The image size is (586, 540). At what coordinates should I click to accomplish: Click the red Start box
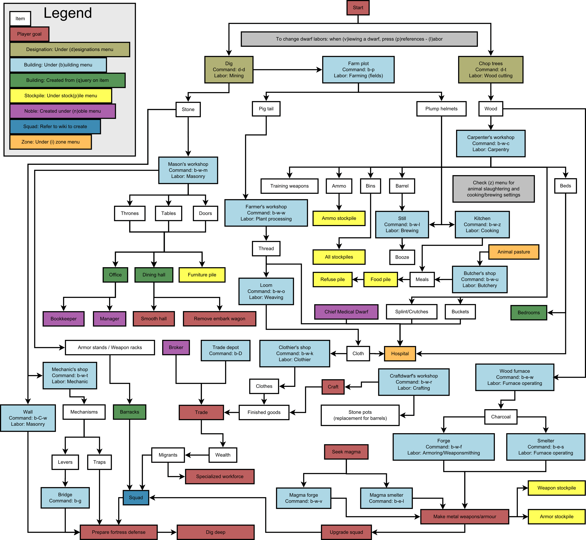click(358, 8)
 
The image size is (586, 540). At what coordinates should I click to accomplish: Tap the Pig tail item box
click(266, 109)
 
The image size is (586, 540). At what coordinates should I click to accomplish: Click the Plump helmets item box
click(441, 109)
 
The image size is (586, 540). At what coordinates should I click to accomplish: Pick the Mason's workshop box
click(188, 170)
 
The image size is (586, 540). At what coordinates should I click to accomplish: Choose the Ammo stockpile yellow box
click(339, 218)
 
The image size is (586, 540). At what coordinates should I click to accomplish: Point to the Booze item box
click(402, 257)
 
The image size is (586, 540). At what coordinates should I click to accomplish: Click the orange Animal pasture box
click(513, 252)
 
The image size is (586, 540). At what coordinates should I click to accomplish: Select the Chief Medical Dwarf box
click(346, 312)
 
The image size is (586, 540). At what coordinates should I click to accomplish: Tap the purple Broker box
click(176, 347)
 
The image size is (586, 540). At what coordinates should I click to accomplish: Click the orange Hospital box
click(400, 354)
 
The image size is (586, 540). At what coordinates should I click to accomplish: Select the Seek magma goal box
click(346, 452)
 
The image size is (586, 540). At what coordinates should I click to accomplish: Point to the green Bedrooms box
click(529, 313)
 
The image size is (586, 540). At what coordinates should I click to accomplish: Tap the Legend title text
click(68, 13)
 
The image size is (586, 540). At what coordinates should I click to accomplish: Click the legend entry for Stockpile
click(61, 96)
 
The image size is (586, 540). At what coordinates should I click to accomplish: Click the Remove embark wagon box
click(219, 319)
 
